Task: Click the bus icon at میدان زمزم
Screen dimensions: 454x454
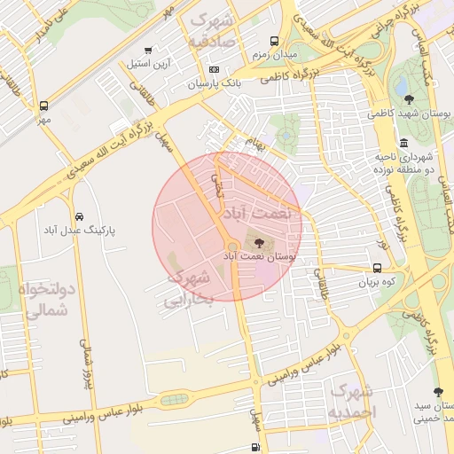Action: pyautogui.click(x=274, y=42)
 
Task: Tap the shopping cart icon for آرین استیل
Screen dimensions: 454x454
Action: pyautogui.click(x=147, y=50)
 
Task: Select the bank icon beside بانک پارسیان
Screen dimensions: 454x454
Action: pyautogui.click(x=213, y=69)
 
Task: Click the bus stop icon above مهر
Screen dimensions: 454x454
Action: pyautogui.click(x=43, y=105)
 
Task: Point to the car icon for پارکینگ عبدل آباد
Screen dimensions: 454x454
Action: pyautogui.click(x=79, y=216)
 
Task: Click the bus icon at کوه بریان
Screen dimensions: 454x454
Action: pyautogui.click(x=378, y=268)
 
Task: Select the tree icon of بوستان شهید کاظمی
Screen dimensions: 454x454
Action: pyautogui.click(x=408, y=99)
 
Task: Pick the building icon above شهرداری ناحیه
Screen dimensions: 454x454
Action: pyautogui.click(x=404, y=143)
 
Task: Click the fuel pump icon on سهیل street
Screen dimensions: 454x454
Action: pyautogui.click(x=256, y=447)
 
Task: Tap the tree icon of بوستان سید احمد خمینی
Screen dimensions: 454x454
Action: pyautogui.click(x=437, y=391)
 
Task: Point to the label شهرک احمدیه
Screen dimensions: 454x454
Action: pyautogui.click(x=352, y=402)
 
